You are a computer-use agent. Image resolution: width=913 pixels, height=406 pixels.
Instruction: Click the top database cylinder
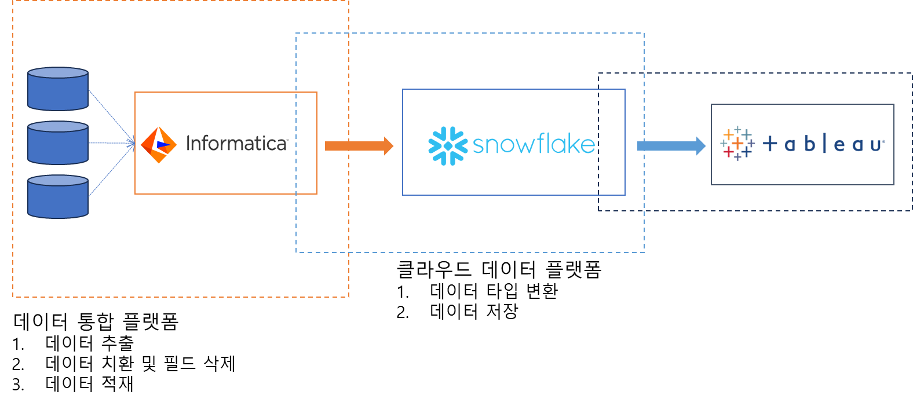click(58, 89)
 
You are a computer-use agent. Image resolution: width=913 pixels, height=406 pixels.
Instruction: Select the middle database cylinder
click(58, 142)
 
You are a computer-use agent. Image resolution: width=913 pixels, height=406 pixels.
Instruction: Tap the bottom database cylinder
click(58, 197)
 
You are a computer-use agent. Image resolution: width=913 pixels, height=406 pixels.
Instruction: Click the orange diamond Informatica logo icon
click(159, 145)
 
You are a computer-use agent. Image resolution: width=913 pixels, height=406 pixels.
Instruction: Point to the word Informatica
click(237, 144)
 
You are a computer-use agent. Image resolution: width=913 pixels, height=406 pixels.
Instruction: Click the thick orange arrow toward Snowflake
click(359, 146)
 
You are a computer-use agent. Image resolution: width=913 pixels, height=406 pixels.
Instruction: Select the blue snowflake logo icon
click(448, 146)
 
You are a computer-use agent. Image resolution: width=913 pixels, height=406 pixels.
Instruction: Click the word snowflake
click(534, 144)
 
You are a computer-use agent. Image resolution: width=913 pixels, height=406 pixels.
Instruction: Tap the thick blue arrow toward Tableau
click(671, 146)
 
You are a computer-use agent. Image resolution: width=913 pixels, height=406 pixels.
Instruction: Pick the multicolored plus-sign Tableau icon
click(737, 144)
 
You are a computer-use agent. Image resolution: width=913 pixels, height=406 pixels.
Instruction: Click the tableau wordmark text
click(824, 144)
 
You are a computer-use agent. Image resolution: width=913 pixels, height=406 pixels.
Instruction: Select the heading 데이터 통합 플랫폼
click(96, 321)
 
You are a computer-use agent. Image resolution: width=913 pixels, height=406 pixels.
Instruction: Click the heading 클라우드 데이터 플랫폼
click(499, 269)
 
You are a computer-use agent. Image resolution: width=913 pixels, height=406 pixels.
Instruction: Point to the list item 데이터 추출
click(89, 343)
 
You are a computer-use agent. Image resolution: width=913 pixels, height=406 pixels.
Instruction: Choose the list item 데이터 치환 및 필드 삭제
click(140, 363)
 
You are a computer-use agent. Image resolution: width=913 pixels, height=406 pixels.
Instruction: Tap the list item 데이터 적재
click(89, 383)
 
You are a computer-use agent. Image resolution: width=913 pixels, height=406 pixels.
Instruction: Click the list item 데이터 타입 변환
click(494, 291)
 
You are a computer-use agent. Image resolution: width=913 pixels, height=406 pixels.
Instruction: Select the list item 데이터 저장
click(474, 312)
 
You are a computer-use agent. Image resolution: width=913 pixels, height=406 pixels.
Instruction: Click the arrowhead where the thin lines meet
click(133, 143)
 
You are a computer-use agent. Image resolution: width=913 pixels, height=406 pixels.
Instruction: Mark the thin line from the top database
click(112, 116)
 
